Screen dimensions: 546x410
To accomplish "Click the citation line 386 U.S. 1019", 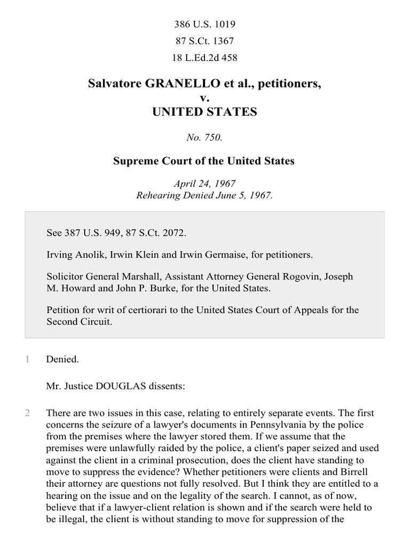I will (205, 24).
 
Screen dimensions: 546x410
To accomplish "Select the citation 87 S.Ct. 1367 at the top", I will (205, 41).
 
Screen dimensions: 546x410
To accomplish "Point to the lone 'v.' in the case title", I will (204, 98).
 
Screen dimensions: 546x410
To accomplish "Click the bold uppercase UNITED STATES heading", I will (205, 111).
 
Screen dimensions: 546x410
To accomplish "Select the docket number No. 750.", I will (204, 137).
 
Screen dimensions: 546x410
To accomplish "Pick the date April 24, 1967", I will (205, 183).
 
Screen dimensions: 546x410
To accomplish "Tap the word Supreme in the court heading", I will (134, 160).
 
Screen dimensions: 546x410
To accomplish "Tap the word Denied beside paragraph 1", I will (61, 359).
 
